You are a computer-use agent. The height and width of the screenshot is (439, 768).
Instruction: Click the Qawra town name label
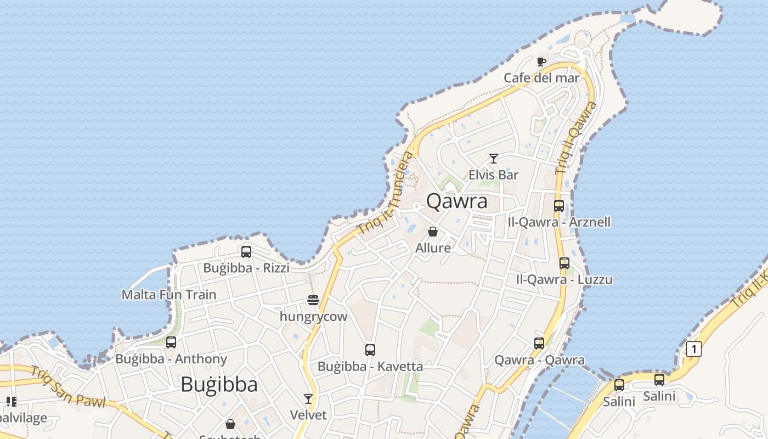(x=456, y=201)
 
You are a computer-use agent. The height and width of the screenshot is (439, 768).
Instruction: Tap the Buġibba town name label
(x=219, y=384)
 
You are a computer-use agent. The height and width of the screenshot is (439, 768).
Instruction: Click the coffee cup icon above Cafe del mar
(x=541, y=61)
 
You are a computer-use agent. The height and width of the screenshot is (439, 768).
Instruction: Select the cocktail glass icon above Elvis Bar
(x=494, y=159)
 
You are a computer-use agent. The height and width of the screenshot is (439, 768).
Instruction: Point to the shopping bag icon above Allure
(x=433, y=232)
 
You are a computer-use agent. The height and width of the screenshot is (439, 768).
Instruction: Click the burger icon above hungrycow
(x=313, y=300)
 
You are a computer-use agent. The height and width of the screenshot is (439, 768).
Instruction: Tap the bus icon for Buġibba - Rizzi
(x=246, y=252)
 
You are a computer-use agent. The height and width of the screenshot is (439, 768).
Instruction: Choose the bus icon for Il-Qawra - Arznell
(x=559, y=206)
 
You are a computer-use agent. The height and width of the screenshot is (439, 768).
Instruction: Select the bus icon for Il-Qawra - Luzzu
(x=564, y=263)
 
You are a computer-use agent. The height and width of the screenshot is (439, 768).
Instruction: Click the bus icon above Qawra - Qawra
(x=539, y=344)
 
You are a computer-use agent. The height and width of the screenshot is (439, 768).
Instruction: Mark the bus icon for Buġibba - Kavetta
(x=370, y=350)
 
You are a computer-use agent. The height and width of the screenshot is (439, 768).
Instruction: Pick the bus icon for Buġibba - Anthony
(x=171, y=342)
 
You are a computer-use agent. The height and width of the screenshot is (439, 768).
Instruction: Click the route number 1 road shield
(x=694, y=349)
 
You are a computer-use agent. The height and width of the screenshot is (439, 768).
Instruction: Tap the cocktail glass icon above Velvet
(x=308, y=399)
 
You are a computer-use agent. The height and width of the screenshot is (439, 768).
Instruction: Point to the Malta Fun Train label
(x=169, y=295)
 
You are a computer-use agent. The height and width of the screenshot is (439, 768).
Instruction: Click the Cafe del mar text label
(x=541, y=78)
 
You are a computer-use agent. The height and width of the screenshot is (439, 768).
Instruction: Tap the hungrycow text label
(x=314, y=317)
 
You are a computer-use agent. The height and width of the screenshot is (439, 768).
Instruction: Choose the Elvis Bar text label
(x=494, y=175)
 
